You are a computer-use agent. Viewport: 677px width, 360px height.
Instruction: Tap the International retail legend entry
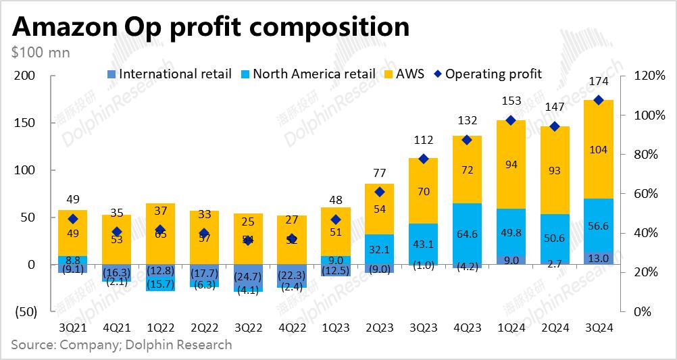point(170,74)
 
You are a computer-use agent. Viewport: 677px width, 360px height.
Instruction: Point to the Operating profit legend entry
point(488,74)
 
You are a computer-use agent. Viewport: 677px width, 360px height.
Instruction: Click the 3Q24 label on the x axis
point(599,328)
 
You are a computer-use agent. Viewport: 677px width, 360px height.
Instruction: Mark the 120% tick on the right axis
point(651,76)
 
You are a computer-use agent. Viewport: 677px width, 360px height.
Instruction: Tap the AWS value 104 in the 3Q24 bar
point(599,150)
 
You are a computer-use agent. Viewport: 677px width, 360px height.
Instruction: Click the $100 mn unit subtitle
point(41,51)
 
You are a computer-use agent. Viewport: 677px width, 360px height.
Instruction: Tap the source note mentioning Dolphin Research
point(122,345)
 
